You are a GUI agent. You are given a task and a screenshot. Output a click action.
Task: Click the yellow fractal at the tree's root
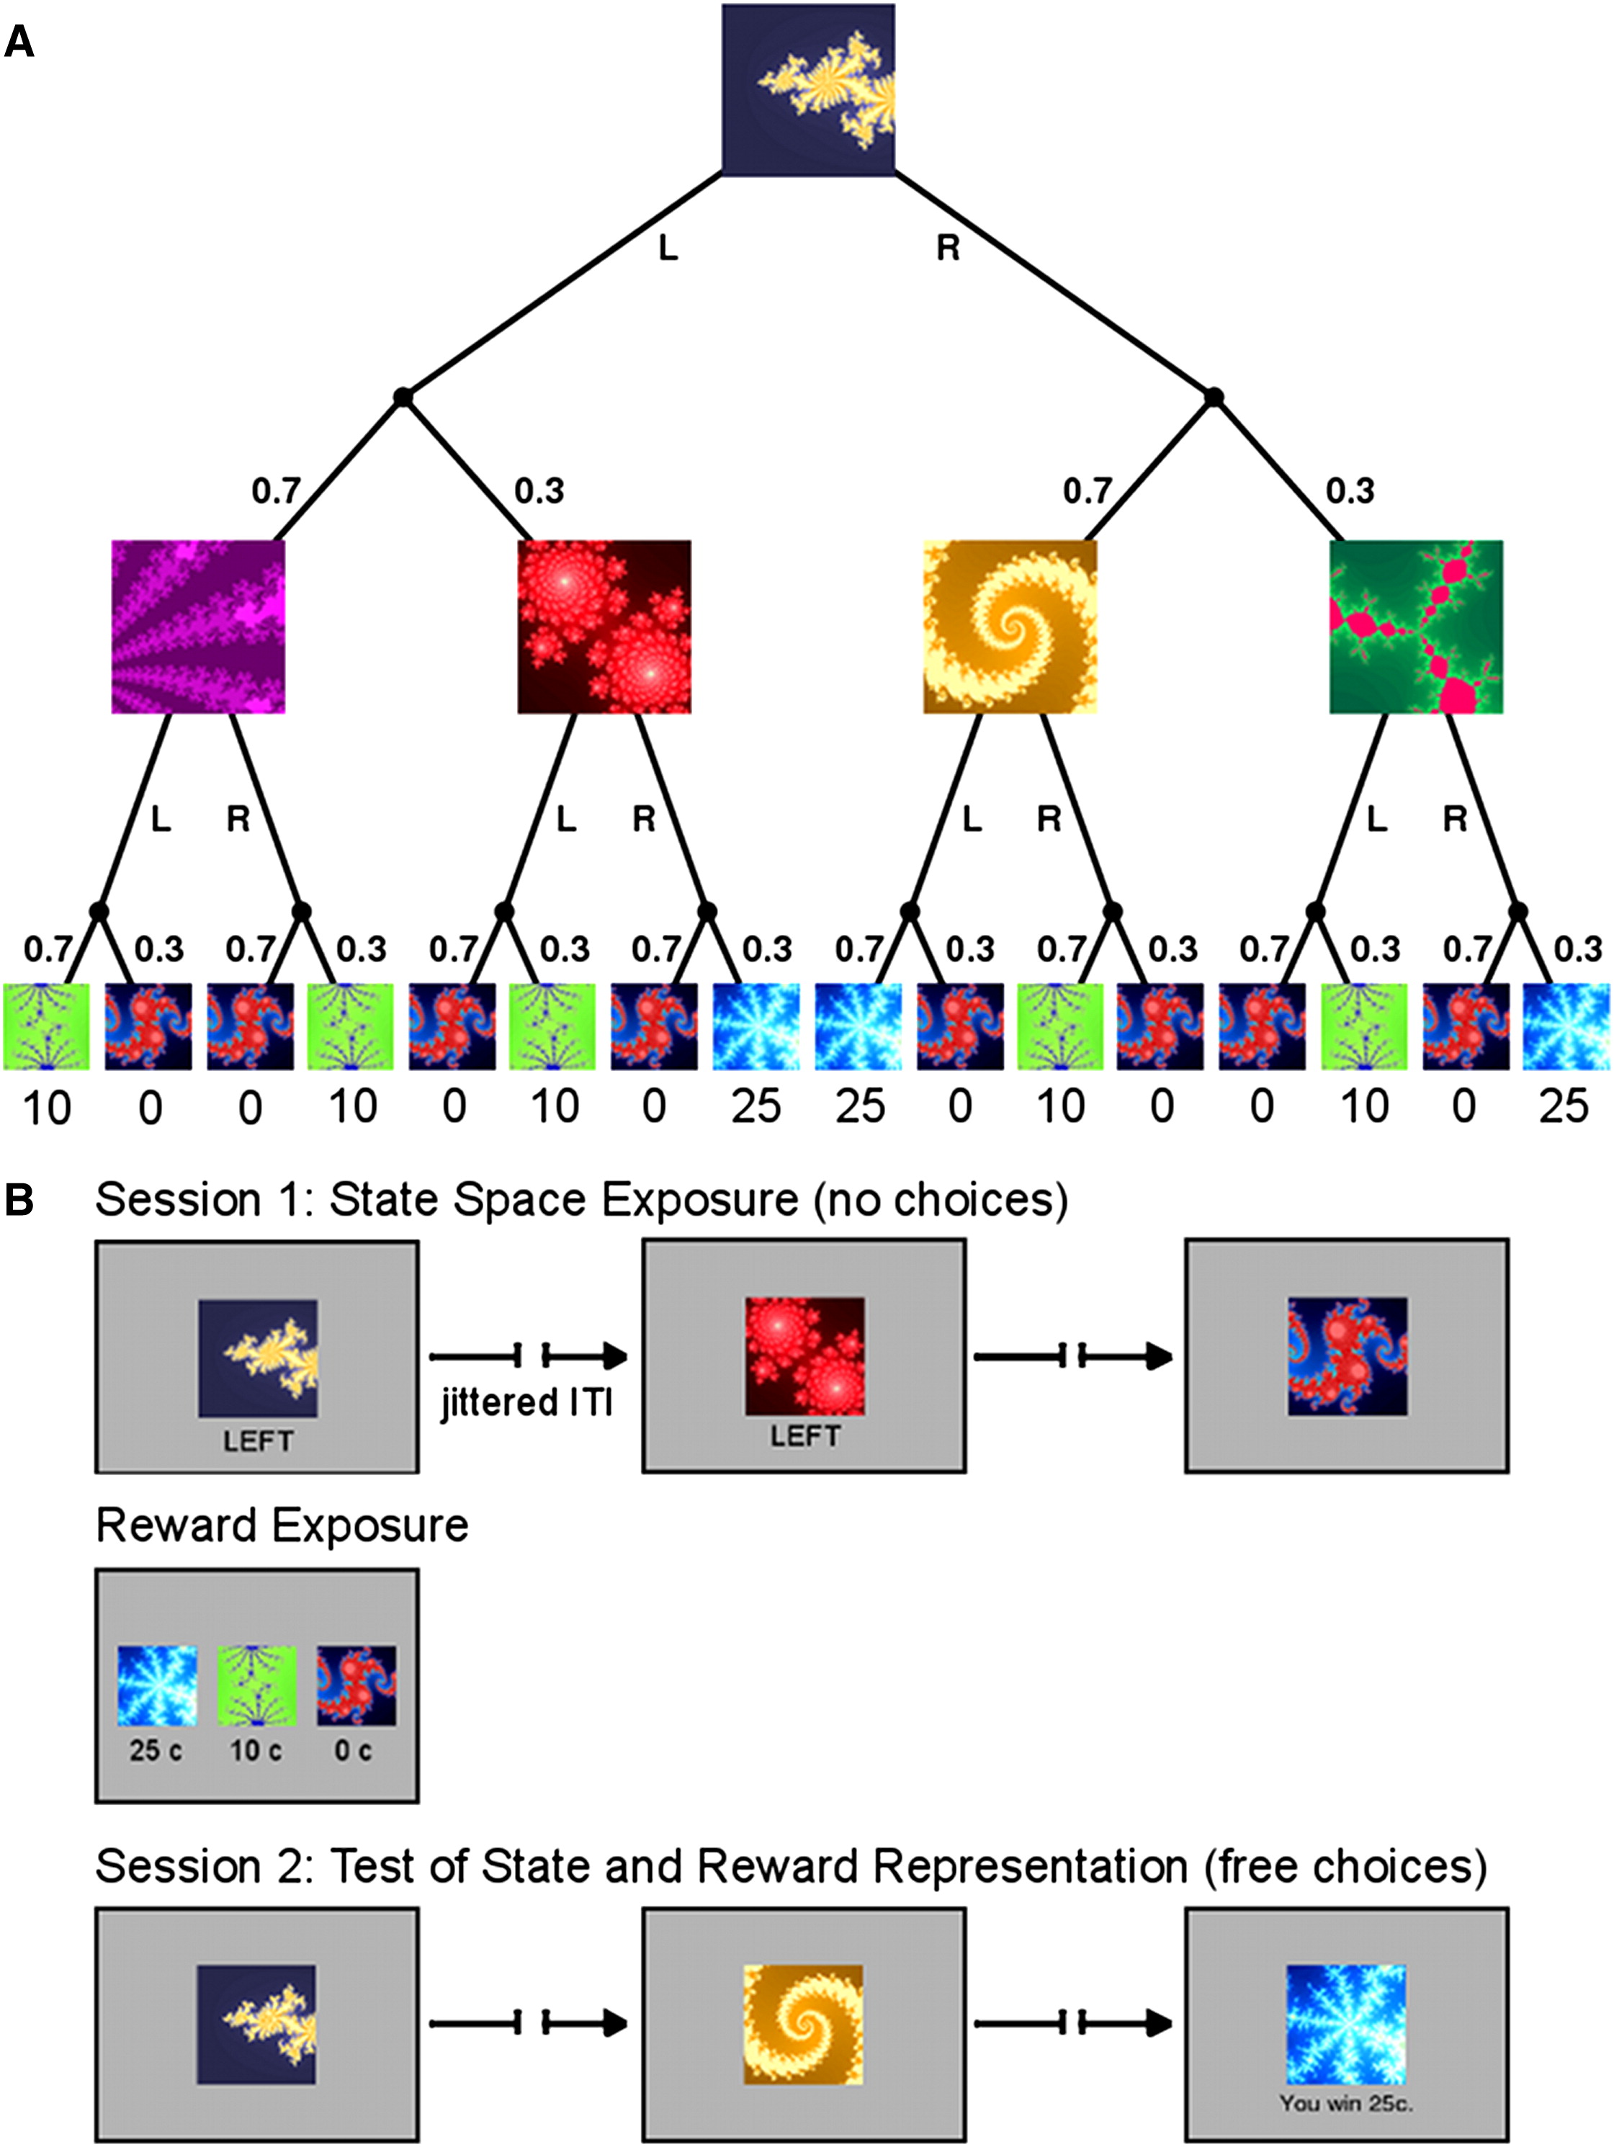coord(807,89)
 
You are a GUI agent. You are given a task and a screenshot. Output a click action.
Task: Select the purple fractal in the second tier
coord(198,627)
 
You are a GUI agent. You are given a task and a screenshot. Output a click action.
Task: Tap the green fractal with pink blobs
coord(1415,627)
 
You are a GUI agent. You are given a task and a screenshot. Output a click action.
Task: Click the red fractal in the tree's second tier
coord(604,627)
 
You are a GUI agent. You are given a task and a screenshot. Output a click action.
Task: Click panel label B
coord(19,1201)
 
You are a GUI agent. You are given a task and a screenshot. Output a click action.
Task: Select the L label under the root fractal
coord(668,248)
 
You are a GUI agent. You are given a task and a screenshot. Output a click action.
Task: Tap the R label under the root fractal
coord(947,248)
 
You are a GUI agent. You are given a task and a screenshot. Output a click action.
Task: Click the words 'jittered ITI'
coord(527,1404)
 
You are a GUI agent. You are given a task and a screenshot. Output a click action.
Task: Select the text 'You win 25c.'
coord(1345,2103)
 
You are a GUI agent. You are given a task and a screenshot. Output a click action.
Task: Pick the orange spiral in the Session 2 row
coord(802,2025)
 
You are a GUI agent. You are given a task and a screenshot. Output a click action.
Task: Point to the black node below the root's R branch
coord(1213,396)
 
